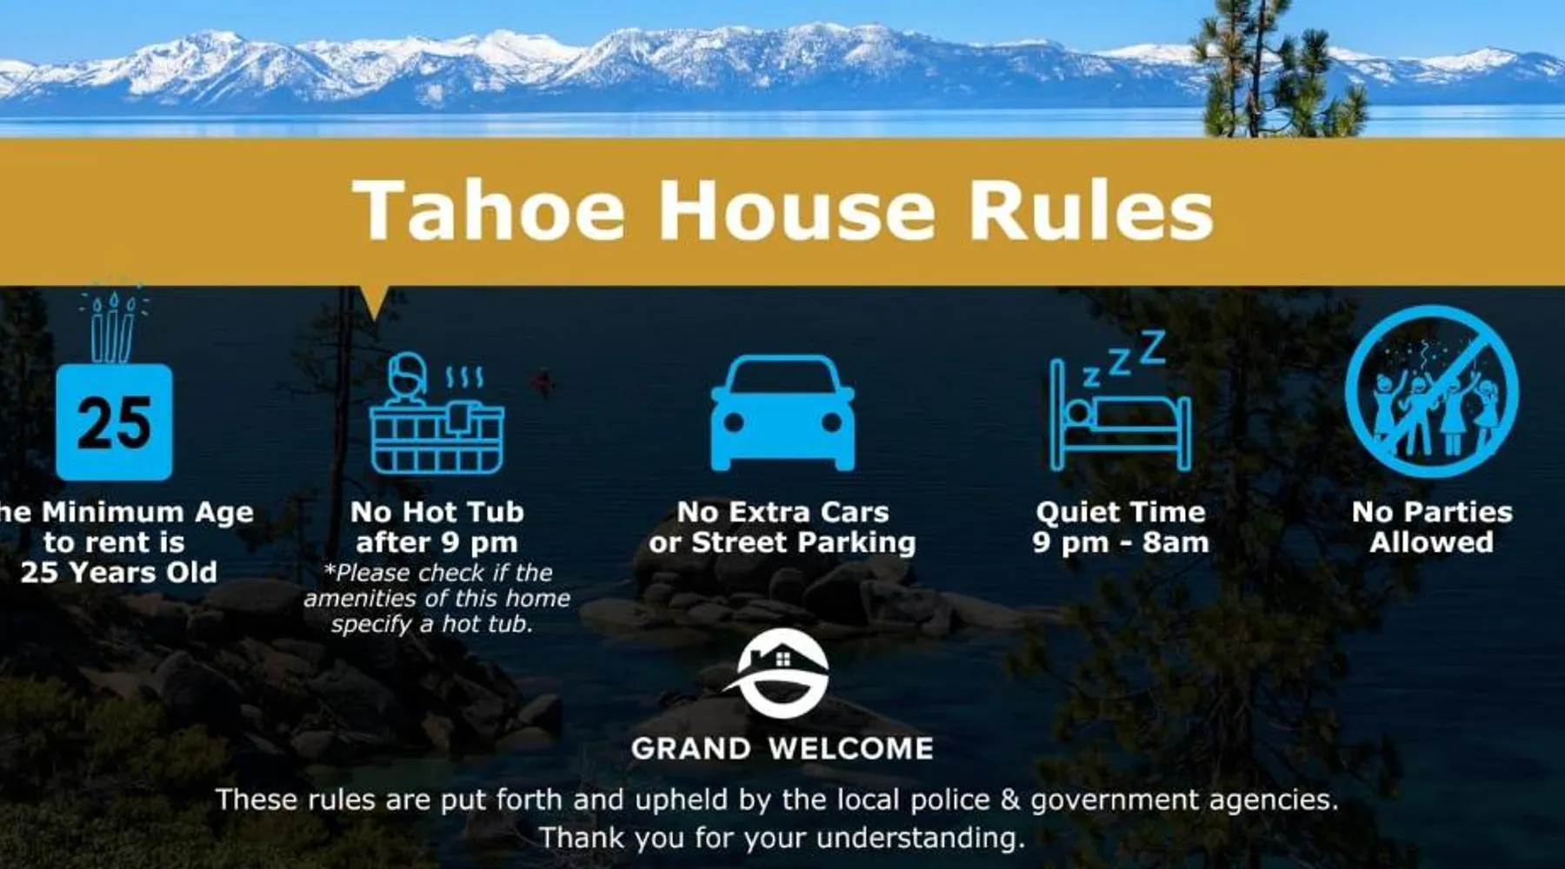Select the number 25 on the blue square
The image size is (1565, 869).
pyautogui.click(x=114, y=423)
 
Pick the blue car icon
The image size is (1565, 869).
pyautogui.click(x=782, y=413)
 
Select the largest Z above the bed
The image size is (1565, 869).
pyautogui.click(x=1152, y=348)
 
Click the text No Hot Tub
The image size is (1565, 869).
pyautogui.click(x=437, y=512)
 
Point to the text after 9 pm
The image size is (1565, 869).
pyautogui.click(x=436, y=542)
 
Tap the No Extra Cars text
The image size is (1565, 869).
pyautogui.click(x=782, y=512)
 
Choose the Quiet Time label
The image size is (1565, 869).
pyautogui.click(x=1121, y=512)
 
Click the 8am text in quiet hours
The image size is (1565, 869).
pyautogui.click(x=1175, y=542)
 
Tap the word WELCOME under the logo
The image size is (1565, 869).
pyautogui.click(x=851, y=748)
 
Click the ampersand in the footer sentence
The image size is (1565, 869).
pyautogui.click(x=1010, y=799)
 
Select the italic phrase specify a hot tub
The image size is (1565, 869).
pyautogui.click(x=432, y=624)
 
